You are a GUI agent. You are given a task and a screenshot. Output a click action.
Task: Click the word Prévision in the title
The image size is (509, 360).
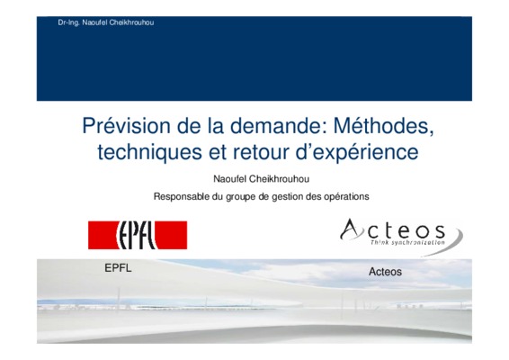click(x=126, y=126)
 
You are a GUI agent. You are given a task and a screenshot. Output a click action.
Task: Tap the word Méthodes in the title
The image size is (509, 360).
click(x=384, y=126)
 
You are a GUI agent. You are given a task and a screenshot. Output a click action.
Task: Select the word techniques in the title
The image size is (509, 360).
click(x=149, y=152)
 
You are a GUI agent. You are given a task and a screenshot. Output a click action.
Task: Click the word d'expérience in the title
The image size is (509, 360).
click(x=357, y=153)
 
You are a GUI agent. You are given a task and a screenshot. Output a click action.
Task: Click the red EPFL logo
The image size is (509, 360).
click(x=138, y=235)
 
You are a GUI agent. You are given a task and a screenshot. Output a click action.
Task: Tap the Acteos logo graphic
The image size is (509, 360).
click(x=401, y=237)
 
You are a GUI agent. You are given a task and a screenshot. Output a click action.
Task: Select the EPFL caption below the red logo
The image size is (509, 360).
click(x=118, y=268)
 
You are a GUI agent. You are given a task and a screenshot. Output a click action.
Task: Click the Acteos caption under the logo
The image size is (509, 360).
click(x=385, y=272)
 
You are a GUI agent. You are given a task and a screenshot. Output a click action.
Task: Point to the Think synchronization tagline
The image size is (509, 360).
click(x=407, y=243)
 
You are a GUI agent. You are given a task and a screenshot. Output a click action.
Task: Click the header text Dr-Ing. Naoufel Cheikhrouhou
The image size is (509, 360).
click(x=106, y=22)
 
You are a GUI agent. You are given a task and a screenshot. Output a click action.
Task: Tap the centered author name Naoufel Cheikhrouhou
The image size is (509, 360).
click(x=261, y=179)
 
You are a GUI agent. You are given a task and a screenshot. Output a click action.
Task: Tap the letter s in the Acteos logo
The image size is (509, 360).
click(x=440, y=231)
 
